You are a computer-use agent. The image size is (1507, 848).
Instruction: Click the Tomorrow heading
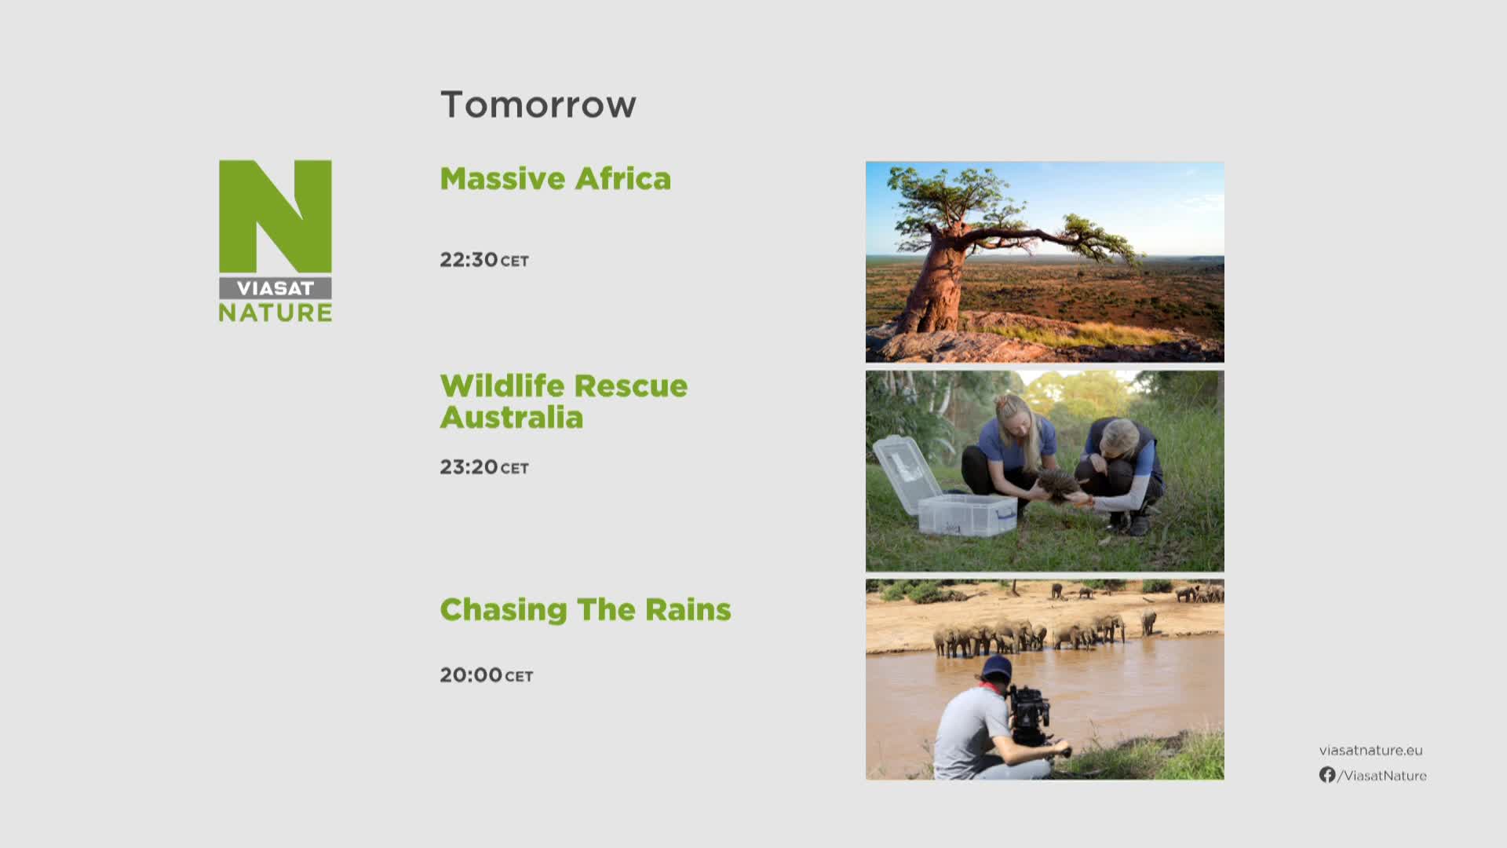(x=538, y=104)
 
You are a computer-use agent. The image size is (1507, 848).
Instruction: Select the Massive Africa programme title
(x=556, y=178)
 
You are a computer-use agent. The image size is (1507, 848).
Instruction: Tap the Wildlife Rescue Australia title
(x=564, y=401)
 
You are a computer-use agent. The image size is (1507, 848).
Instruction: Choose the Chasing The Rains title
(x=586, y=609)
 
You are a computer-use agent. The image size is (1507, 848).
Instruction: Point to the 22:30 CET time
(x=484, y=260)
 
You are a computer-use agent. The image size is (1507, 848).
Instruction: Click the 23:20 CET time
(x=484, y=467)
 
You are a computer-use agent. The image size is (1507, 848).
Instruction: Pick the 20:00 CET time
(x=487, y=675)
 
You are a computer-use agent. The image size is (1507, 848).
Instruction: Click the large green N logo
(x=275, y=217)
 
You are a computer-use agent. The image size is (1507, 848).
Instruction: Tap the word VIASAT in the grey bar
(x=275, y=288)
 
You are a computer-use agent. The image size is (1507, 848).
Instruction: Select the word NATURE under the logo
(x=275, y=313)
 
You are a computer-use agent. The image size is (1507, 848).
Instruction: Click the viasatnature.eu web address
(x=1371, y=751)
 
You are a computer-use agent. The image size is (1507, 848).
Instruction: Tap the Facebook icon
(x=1327, y=775)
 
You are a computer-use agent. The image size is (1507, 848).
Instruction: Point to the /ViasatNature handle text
(x=1382, y=776)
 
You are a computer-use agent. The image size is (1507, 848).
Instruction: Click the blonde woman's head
(x=1013, y=415)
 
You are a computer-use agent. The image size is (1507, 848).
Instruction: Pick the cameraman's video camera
(x=1030, y=715)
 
